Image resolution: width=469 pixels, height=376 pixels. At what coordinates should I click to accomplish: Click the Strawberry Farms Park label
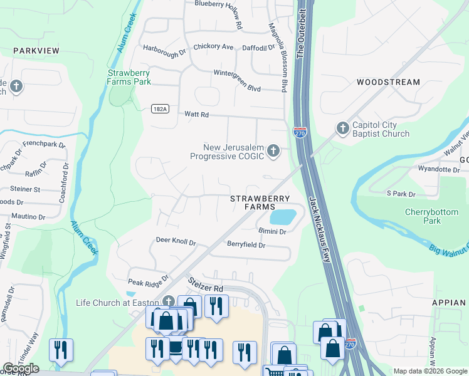coord(129,77)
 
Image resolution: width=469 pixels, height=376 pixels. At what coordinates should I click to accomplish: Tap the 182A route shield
coord(160,108)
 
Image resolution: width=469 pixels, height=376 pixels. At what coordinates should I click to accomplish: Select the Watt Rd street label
coord(196,115)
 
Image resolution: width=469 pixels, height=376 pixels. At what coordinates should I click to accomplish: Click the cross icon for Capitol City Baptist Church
coord(342,128)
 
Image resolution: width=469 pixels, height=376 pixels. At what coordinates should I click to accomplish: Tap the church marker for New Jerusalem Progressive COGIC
coord(273,150)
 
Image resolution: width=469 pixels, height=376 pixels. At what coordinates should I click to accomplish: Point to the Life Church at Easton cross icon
coord(168,302)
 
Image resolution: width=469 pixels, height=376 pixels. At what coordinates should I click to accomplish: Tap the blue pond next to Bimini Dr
coord(282,217)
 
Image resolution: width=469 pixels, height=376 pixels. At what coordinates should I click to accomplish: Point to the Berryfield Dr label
coord(246,244)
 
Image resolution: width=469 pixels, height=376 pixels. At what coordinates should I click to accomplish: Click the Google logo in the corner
coord(21,368)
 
